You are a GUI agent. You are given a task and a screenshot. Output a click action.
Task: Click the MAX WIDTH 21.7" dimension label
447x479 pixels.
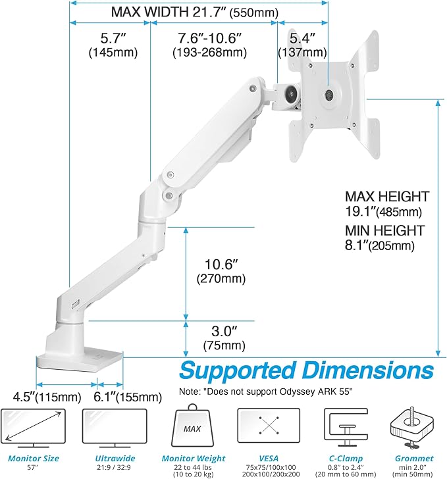coord(184,11)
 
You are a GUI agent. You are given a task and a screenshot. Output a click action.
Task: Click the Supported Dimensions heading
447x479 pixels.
coord(307,370)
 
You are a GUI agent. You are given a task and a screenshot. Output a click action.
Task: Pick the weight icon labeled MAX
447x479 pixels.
coord(192,428)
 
